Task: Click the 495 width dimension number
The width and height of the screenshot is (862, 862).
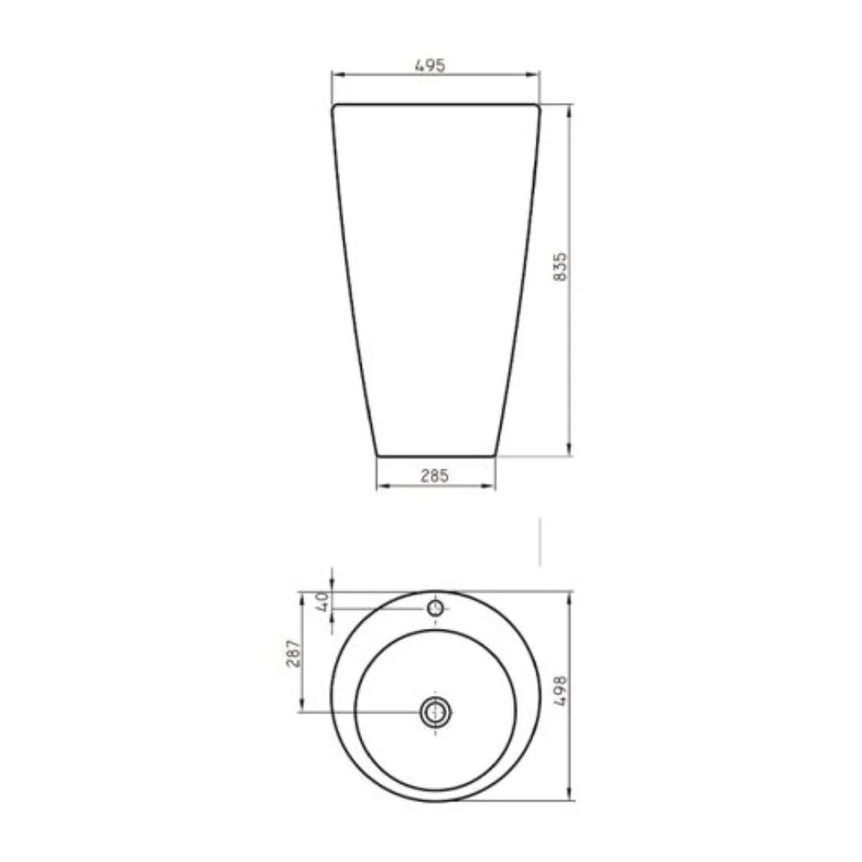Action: click(430, 65)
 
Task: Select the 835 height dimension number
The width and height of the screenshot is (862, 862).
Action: click(560, 267)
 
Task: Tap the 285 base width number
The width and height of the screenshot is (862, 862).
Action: click(435, 476)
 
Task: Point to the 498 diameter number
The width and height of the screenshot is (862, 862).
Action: click(560, 691)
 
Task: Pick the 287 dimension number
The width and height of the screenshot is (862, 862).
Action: click(294, 653)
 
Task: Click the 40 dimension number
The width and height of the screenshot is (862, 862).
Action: click(322, 602)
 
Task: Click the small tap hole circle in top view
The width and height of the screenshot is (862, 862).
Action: click(436, 608)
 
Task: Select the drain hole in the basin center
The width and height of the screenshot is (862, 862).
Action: click(436, 713)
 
